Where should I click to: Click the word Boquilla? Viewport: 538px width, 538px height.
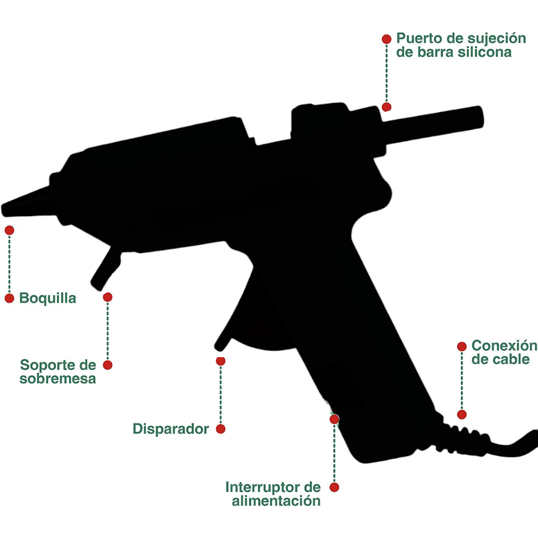pos(48,298)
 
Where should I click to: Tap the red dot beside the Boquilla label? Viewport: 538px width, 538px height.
pos(9,298)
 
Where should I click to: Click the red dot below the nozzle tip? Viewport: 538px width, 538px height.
pos(9,230)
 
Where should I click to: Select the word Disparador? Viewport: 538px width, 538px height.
pos(171,429)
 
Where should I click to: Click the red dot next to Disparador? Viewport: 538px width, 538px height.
pos(221,429)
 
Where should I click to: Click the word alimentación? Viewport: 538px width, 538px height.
pos(276,501)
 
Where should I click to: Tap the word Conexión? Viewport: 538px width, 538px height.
pos(504,346)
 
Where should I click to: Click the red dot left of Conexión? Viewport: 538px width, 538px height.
pos(462,347)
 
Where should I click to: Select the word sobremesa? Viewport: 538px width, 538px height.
pos(58,379)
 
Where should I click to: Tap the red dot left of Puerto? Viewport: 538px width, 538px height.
pos(386,39)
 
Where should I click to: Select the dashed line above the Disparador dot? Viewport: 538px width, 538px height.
pos(221,395)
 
